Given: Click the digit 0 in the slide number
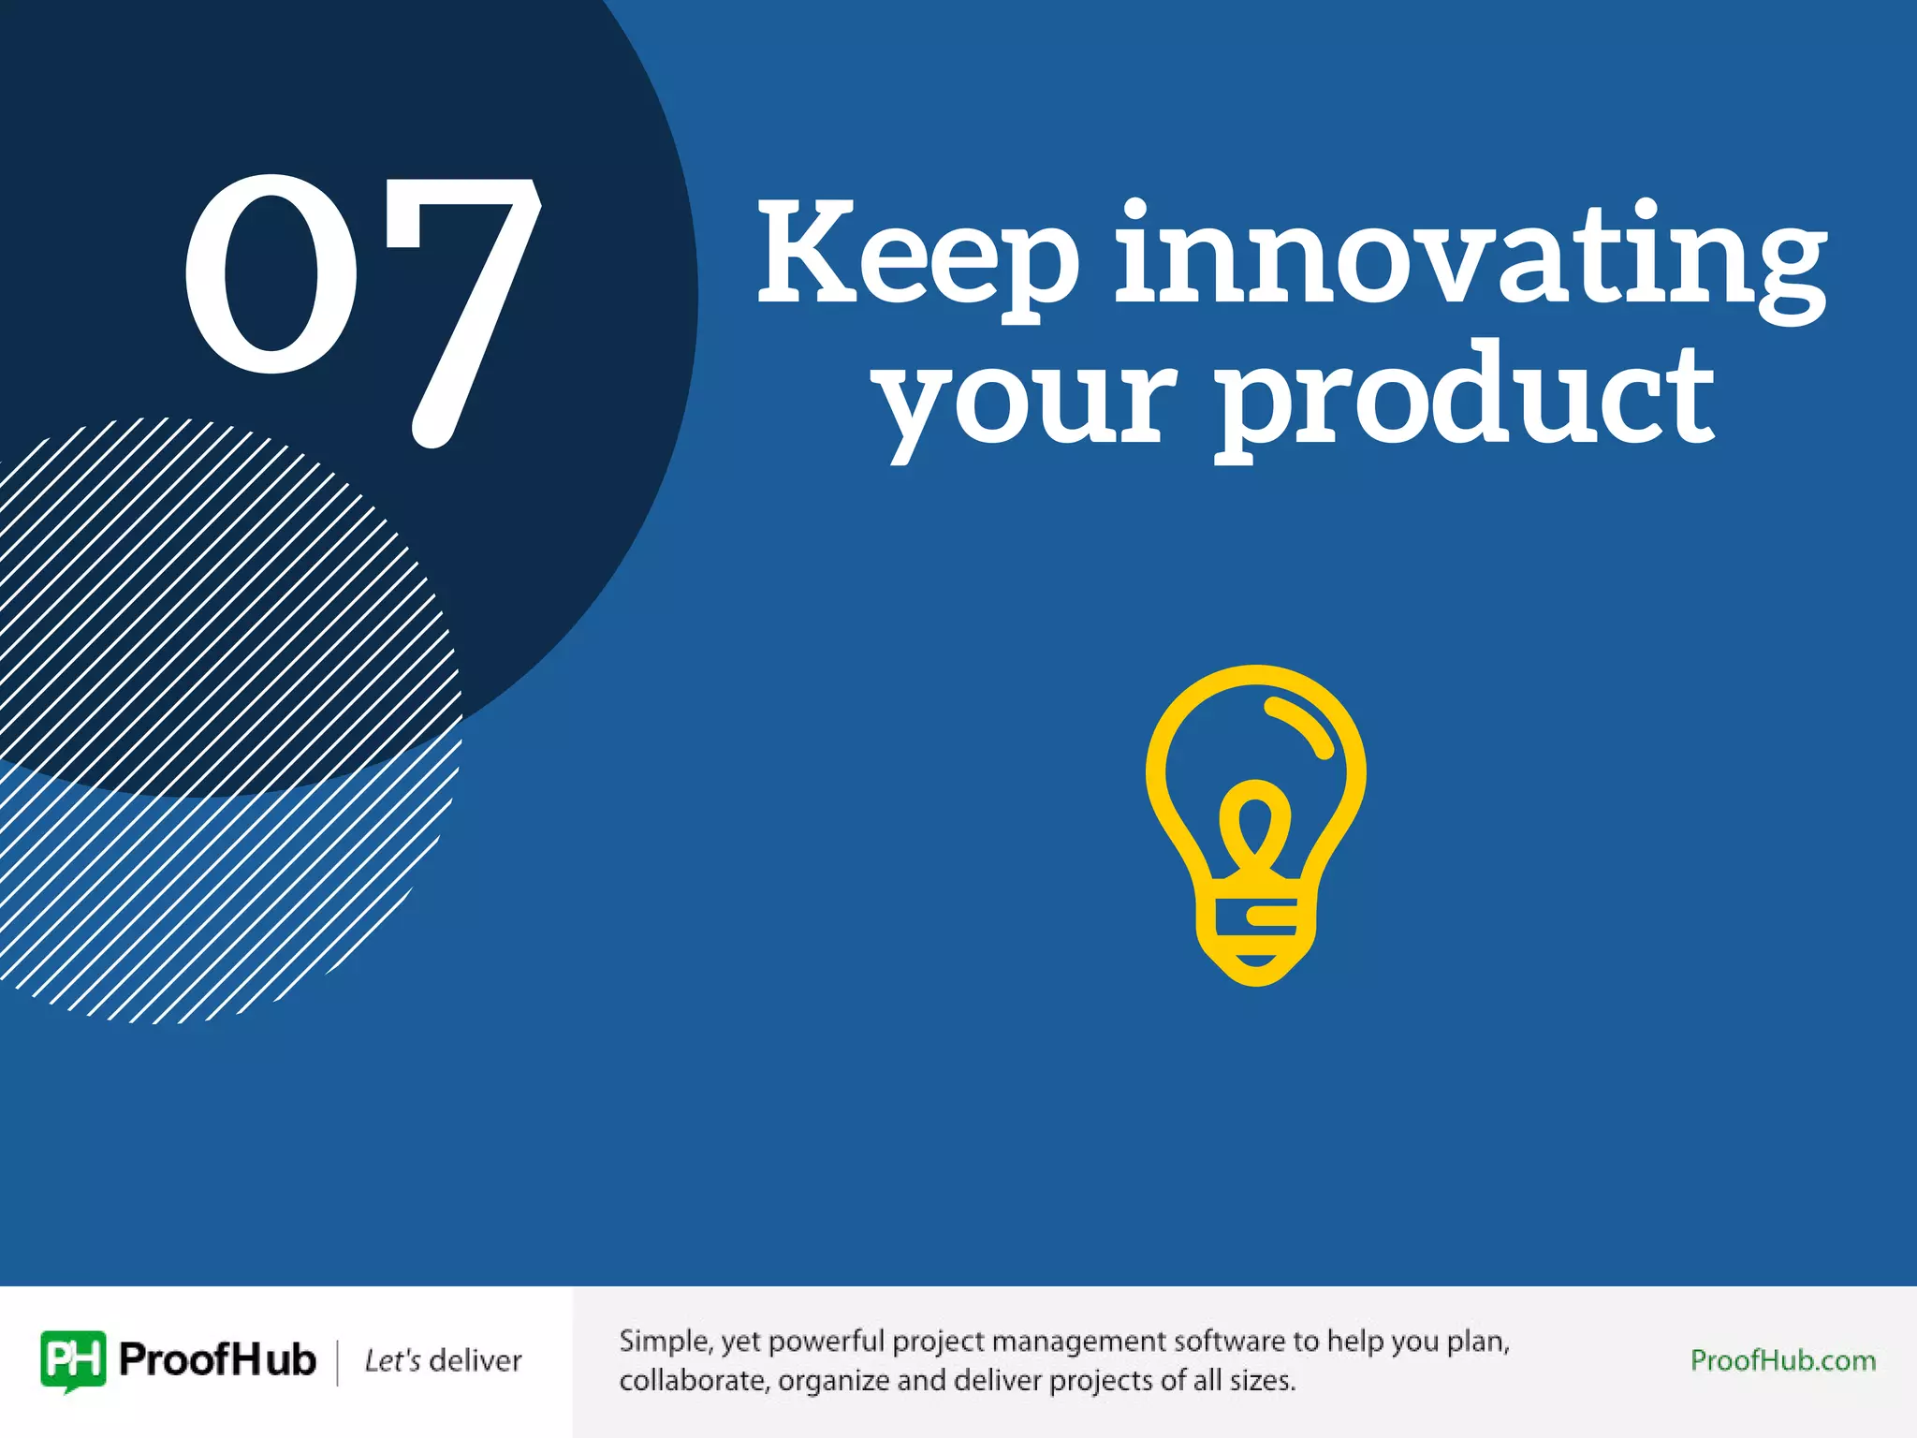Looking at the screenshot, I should tap(271, 273).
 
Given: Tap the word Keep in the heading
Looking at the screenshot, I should tap(917, 255).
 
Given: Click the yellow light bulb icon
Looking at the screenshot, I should tap(1255, 824).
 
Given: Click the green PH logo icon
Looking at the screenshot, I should tap(73, 1359).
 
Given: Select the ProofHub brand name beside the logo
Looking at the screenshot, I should tap(217, 1359).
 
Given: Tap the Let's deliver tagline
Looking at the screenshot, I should tap(443, 1360).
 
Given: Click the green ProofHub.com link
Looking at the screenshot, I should tap(1783, 1360).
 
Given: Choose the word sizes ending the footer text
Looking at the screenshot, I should tap(1262, 1381).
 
